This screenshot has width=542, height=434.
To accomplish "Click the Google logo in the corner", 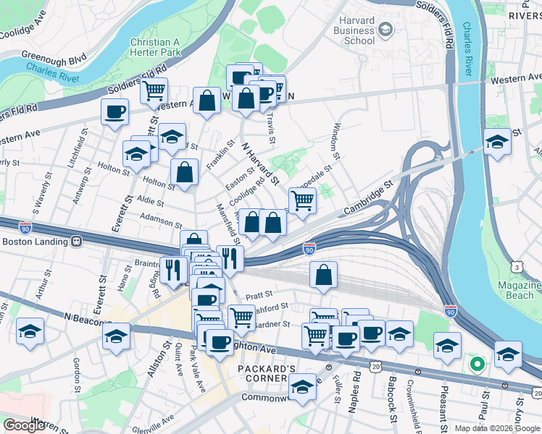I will click(24, 425).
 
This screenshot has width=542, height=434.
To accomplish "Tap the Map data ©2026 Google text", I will click(497, 428).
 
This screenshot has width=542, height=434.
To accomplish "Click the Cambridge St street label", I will click(368, 197).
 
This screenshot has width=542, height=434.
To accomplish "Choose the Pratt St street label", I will click(259, 294).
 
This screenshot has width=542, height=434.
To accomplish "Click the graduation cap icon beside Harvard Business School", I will click(385, 30).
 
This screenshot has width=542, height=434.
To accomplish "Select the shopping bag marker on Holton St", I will click(185, 172).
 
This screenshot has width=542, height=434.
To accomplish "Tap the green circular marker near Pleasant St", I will click(476, 364).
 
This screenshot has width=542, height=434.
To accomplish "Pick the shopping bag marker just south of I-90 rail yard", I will click(324, 275).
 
